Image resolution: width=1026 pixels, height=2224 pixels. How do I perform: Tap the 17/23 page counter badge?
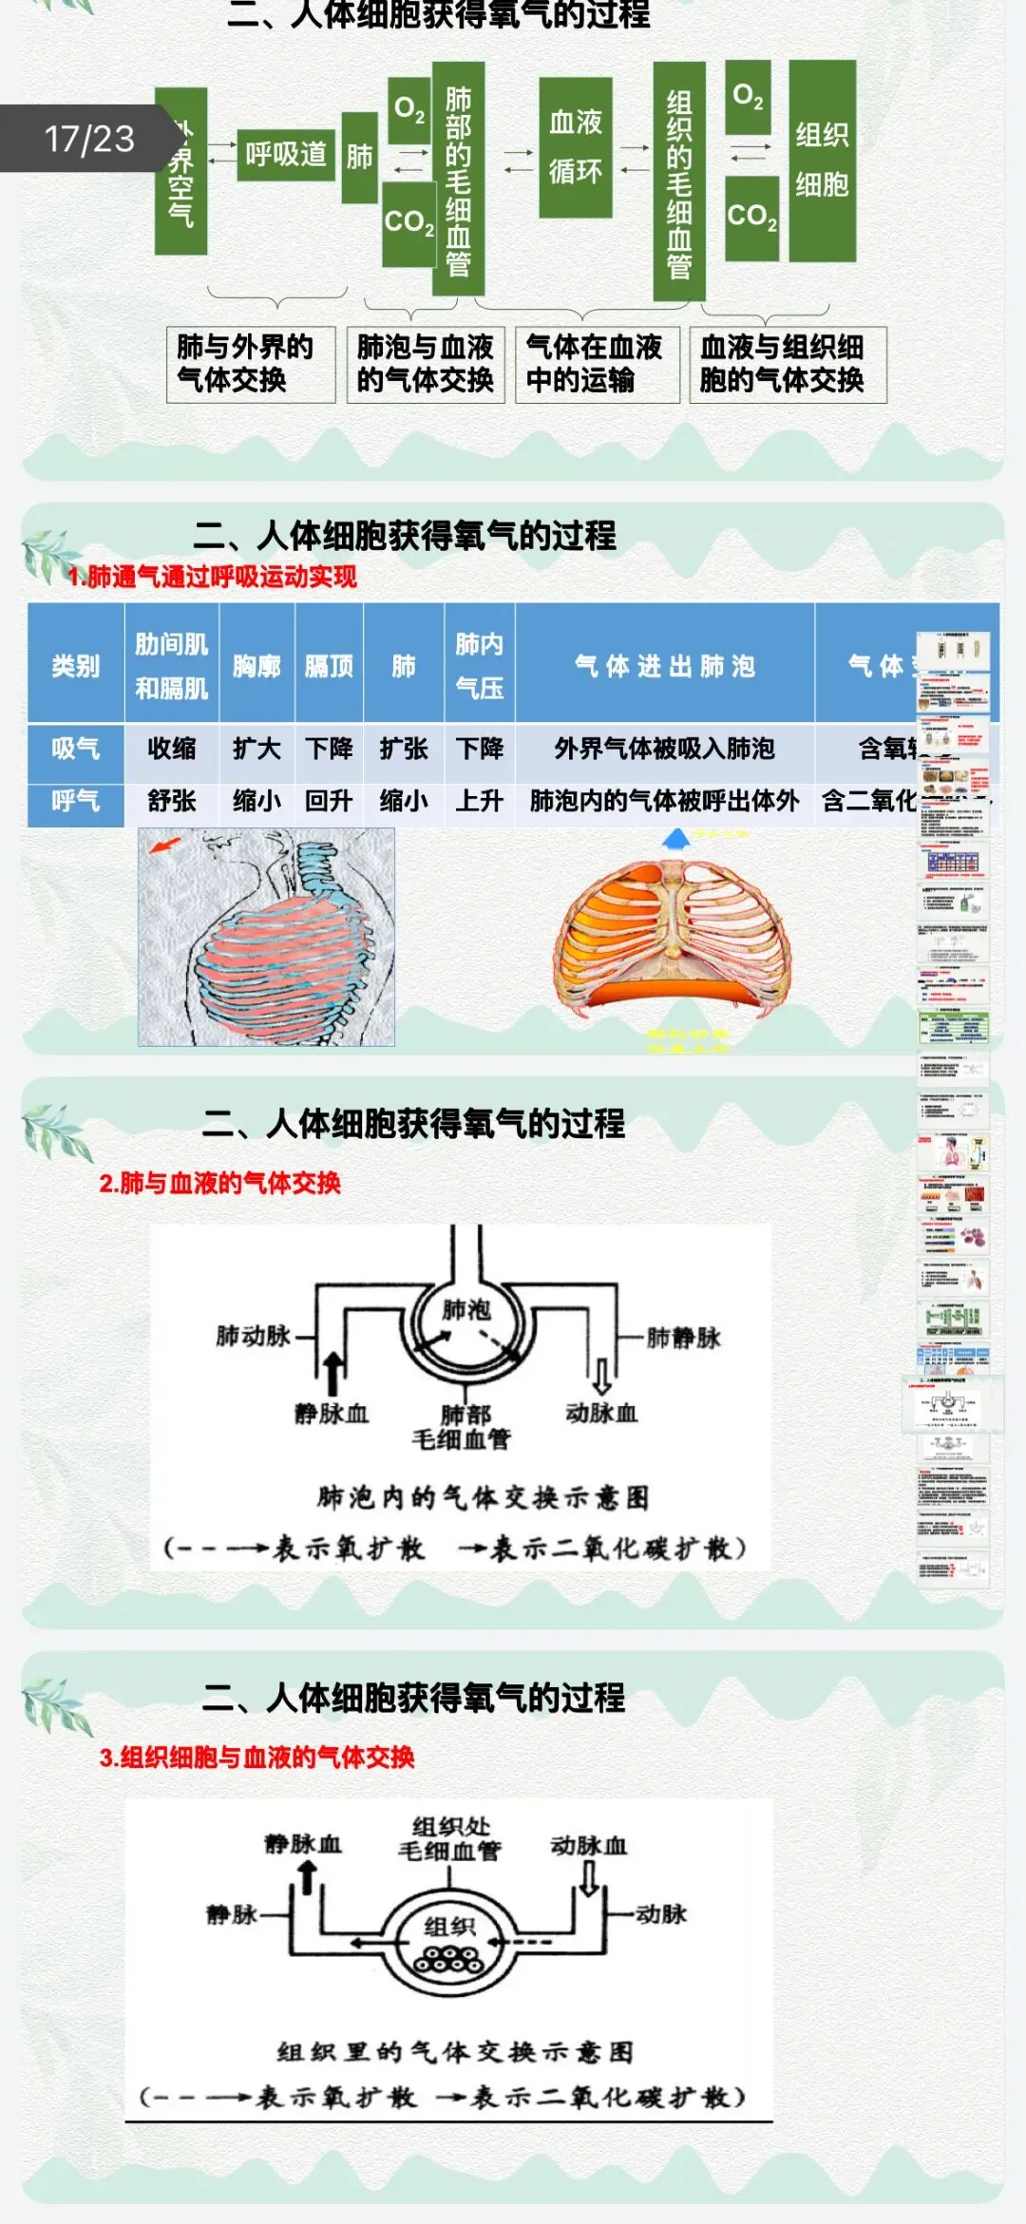89,139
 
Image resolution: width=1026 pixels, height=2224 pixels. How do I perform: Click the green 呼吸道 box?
286,155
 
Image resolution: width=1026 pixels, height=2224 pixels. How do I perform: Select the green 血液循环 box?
576,147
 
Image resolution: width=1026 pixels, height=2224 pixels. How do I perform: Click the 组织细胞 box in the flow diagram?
822,160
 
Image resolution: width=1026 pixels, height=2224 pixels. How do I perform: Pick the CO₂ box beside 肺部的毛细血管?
408,223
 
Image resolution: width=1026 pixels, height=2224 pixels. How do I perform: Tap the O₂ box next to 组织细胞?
749,97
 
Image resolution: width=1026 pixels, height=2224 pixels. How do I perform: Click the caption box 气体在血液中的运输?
596,364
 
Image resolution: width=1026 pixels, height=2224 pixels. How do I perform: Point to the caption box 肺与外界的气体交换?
249,364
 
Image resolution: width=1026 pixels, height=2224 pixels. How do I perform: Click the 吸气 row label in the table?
76,749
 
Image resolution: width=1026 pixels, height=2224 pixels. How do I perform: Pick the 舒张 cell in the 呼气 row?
172,801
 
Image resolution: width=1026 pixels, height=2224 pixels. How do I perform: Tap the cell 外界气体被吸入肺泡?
664,749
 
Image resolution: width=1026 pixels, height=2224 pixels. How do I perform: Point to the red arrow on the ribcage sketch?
166,844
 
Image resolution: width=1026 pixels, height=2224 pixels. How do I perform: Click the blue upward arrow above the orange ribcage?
676,838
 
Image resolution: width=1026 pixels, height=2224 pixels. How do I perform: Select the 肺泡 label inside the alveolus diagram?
466,1310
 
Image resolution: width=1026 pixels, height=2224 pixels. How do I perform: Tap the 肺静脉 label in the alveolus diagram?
683,1338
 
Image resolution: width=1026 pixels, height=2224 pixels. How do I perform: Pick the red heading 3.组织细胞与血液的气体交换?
256,1758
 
